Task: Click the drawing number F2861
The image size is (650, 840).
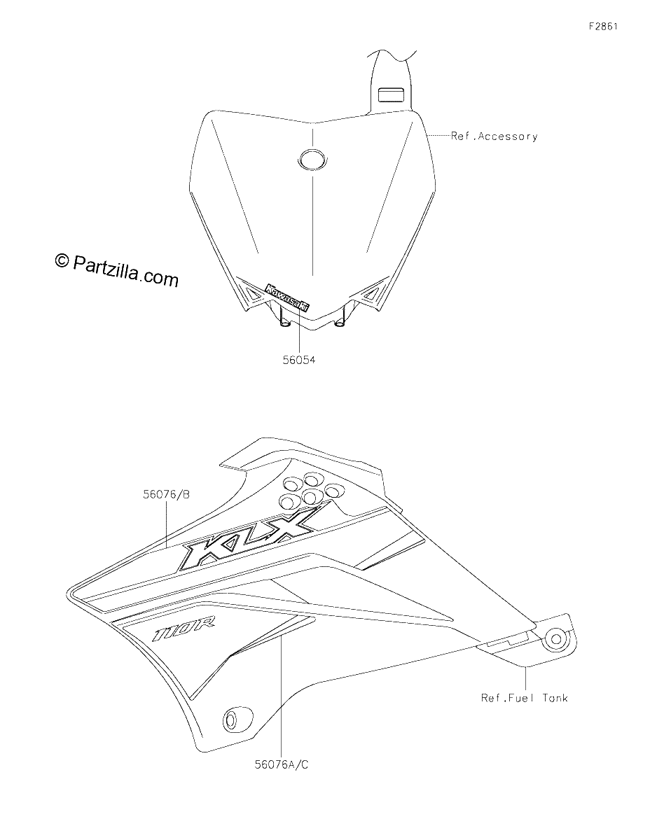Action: pos(603,27)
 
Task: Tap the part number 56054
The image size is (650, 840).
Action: pos(299,360)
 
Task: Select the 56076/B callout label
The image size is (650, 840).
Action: pos(166,494)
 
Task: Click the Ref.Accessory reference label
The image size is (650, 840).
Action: pos(495,136)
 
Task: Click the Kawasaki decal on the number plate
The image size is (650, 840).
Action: pos(287,297)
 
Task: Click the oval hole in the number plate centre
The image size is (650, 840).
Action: pos(312,158)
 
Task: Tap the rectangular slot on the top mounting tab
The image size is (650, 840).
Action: pos(391,95)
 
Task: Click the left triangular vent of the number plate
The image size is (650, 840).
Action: pos(253,294)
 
